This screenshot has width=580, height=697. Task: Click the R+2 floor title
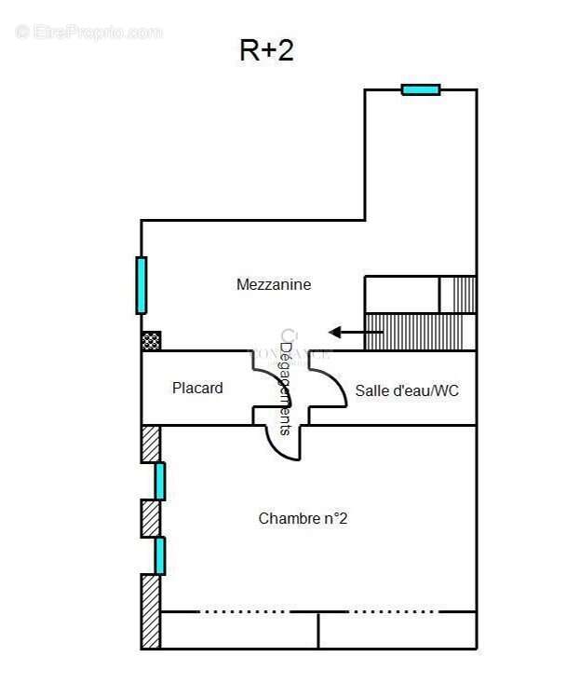[x=266, y=50]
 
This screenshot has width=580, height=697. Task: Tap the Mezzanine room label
[x=274, y=284]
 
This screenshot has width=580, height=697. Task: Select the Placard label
[x=197, y=388]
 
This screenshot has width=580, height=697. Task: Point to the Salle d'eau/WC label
[x=407, y=390]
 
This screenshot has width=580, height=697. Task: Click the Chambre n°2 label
[x=303, y=518]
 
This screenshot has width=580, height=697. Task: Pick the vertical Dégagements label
[x=286, y=388]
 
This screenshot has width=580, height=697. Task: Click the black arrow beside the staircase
[x=347, y=332]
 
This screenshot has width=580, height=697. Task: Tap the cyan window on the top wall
[x=421, y=89]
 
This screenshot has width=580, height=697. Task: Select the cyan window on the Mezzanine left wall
[x=142, y=285]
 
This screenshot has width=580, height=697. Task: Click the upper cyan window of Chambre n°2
[x=160, y=481]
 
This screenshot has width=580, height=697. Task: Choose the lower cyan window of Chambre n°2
[x=160, y=555]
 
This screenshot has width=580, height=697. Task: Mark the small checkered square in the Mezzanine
[x=151, y=341]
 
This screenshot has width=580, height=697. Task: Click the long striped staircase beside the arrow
[x=419, y=332]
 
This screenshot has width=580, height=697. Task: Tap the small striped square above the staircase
[x=458, y=294]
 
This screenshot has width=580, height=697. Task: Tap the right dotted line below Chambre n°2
[x=392, y=612]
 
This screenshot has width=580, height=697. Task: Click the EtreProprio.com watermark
[x=89, y=32]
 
